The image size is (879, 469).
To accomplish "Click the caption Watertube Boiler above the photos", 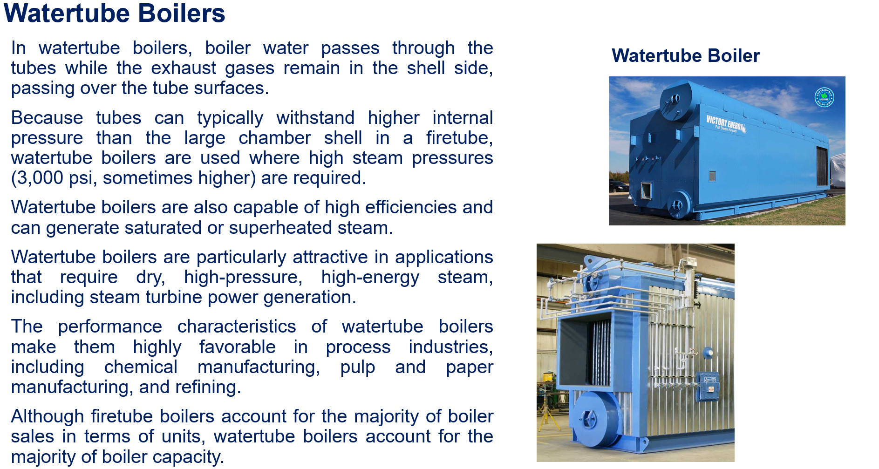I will coord(685,56).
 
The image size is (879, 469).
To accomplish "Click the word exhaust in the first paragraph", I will coord(183,68).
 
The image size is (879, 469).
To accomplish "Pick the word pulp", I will coord(357,367).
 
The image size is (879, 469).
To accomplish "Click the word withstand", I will coord(315,118).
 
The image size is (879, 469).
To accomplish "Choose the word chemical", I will coord(141,367).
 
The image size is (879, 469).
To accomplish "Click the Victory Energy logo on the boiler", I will coord(725,124).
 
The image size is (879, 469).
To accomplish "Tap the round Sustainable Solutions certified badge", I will coord(824,97).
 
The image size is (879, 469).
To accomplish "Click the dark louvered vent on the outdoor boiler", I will coord(822,166).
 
